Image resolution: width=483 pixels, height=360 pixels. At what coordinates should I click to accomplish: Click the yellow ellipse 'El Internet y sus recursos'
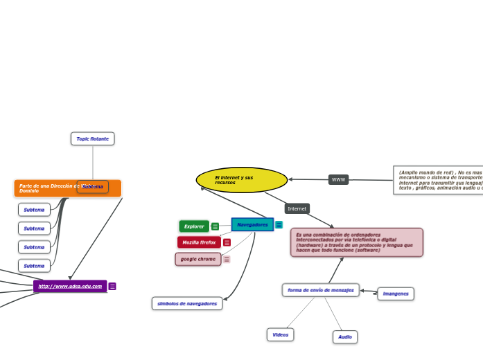tap(241, 180)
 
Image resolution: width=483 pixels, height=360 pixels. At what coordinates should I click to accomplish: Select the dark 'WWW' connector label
tap(338, 180)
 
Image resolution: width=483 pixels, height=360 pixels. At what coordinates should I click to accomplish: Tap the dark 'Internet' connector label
tap(297, 208)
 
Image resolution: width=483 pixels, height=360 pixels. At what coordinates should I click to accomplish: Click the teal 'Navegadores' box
tap(252, 225)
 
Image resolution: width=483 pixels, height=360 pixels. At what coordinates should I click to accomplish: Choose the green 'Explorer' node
tap(194, 226)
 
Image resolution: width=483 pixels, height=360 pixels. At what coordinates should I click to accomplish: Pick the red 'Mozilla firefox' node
tap(199, 242)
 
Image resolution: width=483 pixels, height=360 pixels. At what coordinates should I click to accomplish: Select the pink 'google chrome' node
tap(198, 259)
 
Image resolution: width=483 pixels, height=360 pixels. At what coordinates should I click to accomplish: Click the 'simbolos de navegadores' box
tap(187, 303)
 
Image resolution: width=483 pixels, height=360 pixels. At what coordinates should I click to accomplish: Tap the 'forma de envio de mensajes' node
tap(320, 290)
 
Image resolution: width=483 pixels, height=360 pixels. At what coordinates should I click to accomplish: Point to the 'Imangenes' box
tap(396, 294)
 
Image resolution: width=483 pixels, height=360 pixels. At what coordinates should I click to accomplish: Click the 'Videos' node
tap(280, 334)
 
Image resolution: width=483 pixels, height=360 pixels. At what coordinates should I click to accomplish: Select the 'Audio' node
tap(345, 337)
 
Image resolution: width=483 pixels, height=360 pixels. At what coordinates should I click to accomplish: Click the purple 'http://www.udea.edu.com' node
tap(70, 286)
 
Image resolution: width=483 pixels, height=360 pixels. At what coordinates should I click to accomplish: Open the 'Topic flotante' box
tap(92, 138)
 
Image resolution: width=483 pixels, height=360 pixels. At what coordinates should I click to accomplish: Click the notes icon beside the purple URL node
tap(112, 287)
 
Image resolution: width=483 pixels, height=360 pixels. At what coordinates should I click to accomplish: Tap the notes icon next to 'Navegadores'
tap(279, 225)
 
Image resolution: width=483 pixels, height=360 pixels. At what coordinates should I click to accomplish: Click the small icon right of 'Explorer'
tap(216, 226)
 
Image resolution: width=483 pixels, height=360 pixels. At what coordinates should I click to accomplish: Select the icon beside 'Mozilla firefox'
tap(227, 242)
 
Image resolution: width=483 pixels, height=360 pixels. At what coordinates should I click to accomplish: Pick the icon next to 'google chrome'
tap(227, 259)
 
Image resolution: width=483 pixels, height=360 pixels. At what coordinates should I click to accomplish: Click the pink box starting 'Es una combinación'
tap(356, 242)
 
